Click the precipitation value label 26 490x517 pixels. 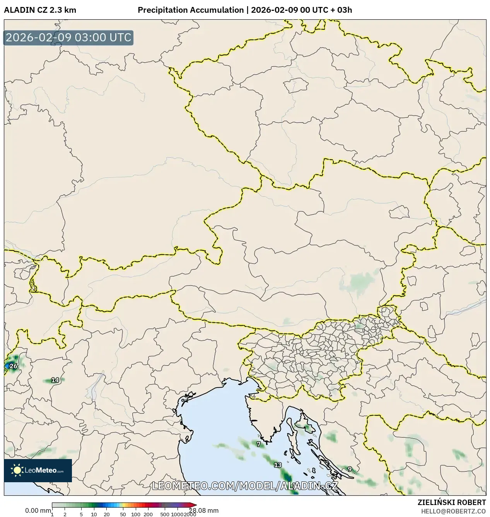coord(14,366)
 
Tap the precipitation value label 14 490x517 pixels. coord(55,380)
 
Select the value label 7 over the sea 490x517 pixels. coord(259,444)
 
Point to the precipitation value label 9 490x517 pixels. coord(350,469)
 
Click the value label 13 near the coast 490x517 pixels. coord(278,465)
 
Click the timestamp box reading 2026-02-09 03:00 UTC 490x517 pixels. coord(68,37)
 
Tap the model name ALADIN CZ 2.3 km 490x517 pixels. coord(40,10)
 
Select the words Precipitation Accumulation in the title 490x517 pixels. coord(190,10)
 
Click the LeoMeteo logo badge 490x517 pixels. coord(38,470)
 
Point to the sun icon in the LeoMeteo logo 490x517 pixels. coord(17,470)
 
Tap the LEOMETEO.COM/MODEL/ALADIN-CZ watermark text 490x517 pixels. coord(245,486)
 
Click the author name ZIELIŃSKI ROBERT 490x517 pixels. coord(451,502)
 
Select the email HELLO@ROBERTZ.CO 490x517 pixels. coord(453,511)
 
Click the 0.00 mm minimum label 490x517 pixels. coord(38,510)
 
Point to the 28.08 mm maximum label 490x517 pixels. coord(204,510)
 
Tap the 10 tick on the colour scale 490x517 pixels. coord(94,514)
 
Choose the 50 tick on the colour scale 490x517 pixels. coord(123,514)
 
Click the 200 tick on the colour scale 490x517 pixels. coord(148,514)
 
